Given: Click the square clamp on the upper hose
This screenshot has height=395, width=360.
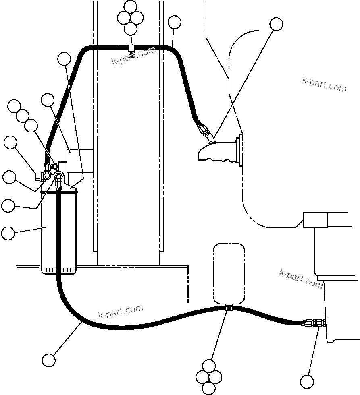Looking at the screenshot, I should point(131,48).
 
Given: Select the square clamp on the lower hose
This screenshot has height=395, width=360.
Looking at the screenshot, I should point(229,308).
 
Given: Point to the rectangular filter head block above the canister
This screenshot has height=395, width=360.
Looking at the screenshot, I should point(79,161).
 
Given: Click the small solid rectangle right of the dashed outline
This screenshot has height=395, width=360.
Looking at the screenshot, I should point(315,220).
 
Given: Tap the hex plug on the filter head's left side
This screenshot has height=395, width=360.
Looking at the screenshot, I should point(40,176).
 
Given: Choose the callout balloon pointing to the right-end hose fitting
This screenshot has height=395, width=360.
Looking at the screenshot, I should point(307,381).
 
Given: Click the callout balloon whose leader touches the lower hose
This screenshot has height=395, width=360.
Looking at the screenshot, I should point(49,360).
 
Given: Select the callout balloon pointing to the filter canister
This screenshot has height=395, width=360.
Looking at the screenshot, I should point(8,233).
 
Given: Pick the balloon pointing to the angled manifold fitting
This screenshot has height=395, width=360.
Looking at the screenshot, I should point(276,24).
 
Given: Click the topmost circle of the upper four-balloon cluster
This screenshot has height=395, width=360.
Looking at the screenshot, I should point(130,7).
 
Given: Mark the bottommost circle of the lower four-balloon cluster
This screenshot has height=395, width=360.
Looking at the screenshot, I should point(209,388).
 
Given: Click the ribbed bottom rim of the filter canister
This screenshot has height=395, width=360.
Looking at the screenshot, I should point(59,270).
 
